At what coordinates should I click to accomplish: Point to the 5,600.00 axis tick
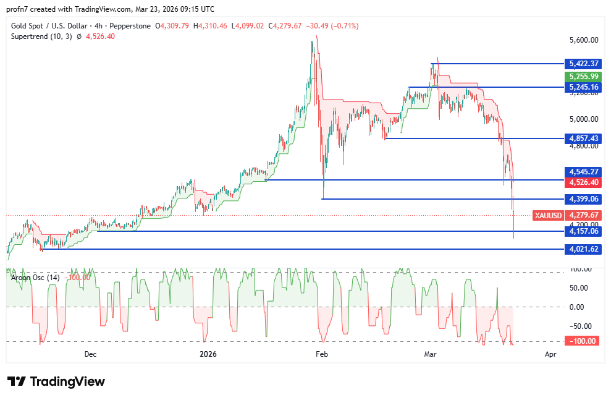pyautogui.click(x=583, y=40)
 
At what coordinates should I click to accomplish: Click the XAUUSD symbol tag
pyautogui.click(x=548, y=215)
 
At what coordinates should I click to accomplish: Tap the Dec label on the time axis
pyautogui.click(x=90, y=354)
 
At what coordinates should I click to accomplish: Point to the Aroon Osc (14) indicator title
pyautogui.click(x=35, y=277)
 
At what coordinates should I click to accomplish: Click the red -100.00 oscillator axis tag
pyautogui.click(x=582, y=341)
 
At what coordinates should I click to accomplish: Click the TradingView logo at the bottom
pyautogui.click(x=56, y=381)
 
